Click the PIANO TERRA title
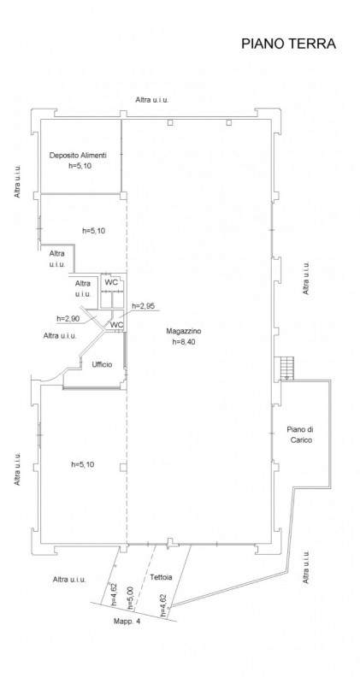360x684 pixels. tap(288, 44)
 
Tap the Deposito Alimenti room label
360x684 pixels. tap(78, 155)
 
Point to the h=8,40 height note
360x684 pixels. tap(183, 342)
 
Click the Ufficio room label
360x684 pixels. tap(102, 364)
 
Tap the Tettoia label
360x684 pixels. tap(161, 577)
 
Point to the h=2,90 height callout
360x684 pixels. tap(68, 319)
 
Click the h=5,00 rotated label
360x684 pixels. tap(130, 597)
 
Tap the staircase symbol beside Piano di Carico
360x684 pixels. tap(286, 369)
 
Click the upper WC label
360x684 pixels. tap(111, 282)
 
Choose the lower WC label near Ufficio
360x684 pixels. tap(116, 325)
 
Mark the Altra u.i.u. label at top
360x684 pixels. tap(152, 100)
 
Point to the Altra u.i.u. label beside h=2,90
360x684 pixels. tap(60, 336)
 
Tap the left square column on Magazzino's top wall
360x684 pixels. tap(170, 122)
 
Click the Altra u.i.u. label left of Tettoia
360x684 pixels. tap(69, 580)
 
